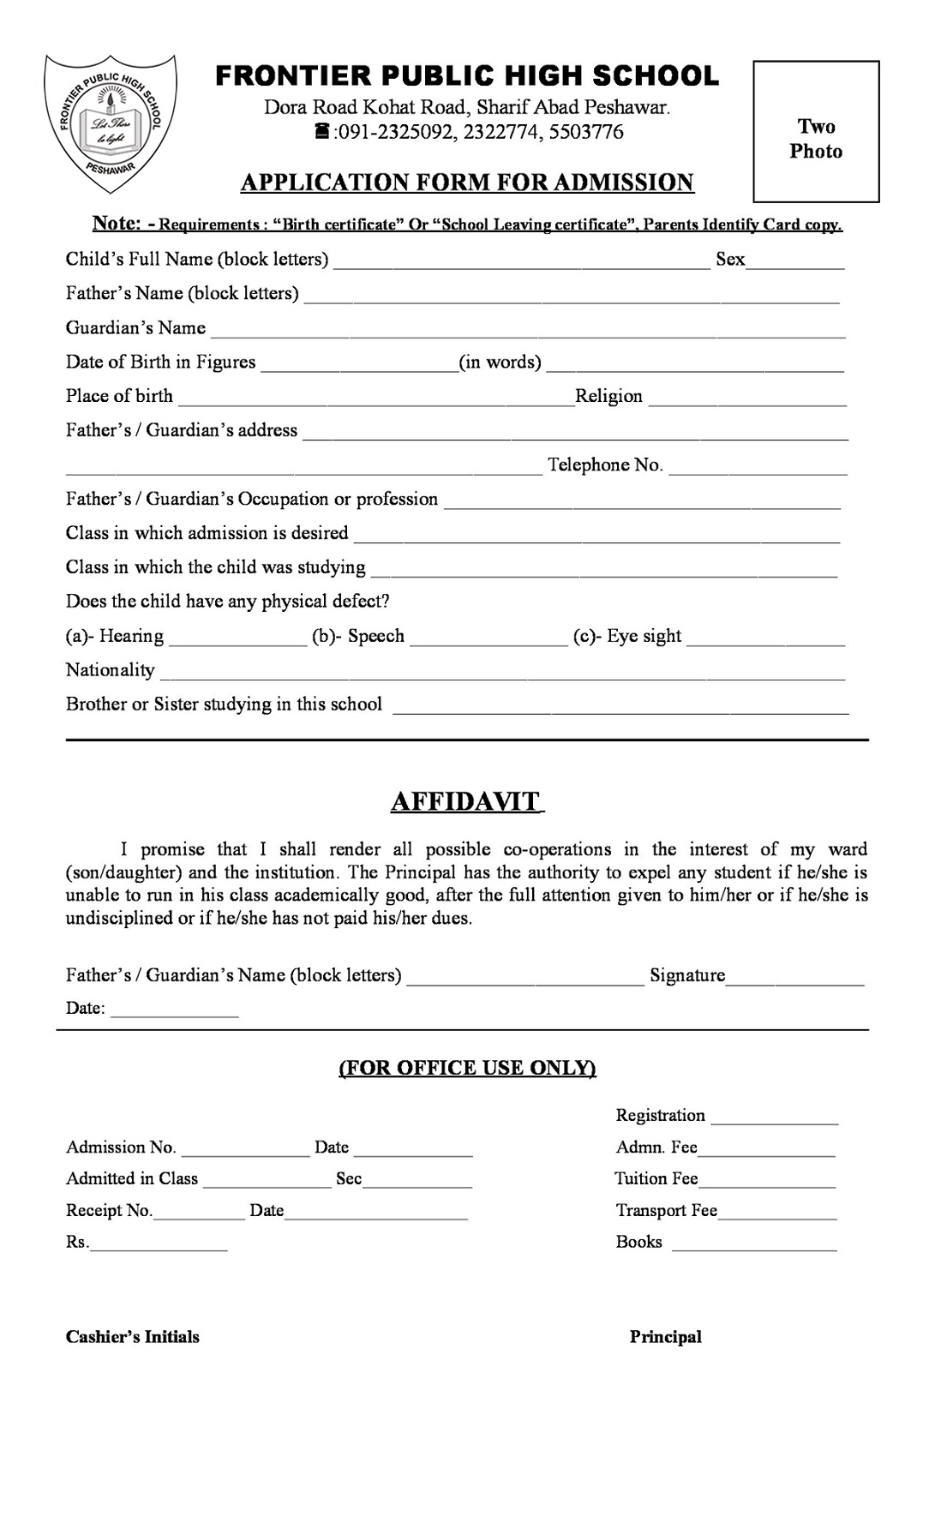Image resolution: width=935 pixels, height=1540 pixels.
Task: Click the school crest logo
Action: tap(111, 123)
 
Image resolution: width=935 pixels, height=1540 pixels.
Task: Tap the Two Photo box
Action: tap(816, 132)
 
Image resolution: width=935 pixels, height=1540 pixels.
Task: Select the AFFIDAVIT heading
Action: tap(467, 801)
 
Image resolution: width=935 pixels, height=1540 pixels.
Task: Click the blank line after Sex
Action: tap(795, 264)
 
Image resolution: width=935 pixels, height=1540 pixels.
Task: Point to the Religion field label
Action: tap(608, 396)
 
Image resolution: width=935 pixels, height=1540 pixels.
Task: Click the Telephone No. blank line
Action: tap(758, 470)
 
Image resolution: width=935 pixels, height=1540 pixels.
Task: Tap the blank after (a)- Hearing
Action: tap(237, 641)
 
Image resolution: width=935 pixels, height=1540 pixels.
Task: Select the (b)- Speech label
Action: tap(358, 636)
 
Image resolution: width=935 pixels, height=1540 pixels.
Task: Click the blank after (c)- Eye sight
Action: tap(765, 641)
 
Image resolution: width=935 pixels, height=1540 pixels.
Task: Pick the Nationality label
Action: tap(111, 670)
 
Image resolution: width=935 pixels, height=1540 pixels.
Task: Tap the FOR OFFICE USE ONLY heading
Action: tap(467, 1068)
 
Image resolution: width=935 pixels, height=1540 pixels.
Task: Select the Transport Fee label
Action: tap(666, 1210)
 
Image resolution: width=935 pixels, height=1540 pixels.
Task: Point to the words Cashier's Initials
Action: tap(133, 1337)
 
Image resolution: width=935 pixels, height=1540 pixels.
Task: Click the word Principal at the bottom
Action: tap(665, 1337)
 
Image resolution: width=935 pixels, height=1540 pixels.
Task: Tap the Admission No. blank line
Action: tap(245, 1153)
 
